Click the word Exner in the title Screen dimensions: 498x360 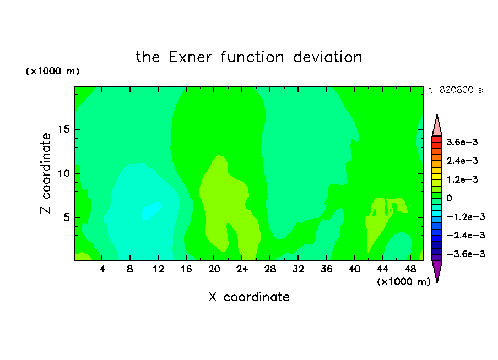(190, 57)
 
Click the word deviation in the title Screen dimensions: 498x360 (327, 57)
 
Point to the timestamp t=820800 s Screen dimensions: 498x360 (456, 90)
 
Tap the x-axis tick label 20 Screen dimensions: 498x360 (214, 269)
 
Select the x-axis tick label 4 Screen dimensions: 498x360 (101, 269)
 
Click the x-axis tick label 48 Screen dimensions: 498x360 (410, 269)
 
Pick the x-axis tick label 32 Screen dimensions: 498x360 (298, 269)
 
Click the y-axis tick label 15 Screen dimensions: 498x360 (64, 129)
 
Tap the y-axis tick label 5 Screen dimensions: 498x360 (67, 217)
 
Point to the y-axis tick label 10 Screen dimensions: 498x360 (64, 173)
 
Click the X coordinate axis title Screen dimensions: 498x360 (249, 297)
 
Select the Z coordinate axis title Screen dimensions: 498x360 (46, 173)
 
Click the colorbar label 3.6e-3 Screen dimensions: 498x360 (462, 142)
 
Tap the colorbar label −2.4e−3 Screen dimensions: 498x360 (465, 235)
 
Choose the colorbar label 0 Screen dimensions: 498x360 (449, 198)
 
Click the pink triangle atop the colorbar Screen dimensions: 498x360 (437, 125)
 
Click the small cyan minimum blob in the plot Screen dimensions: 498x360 (151, 210)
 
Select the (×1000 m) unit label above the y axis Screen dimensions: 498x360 (52, 71)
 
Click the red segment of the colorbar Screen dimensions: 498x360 (437, 139)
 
